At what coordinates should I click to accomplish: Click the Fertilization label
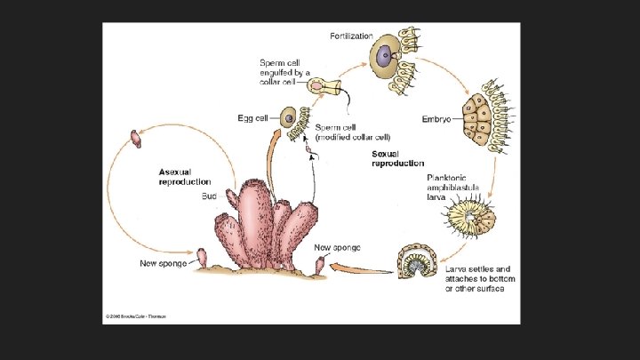(352, 36)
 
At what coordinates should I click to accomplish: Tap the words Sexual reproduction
(397, 158)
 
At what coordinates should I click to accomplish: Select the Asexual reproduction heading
(185, 176)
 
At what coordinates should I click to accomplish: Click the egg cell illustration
(287, 117)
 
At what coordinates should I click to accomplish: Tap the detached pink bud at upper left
(136, 138)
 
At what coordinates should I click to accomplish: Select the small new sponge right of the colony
(321, 266)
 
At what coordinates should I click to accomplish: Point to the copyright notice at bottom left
(136, 316)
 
